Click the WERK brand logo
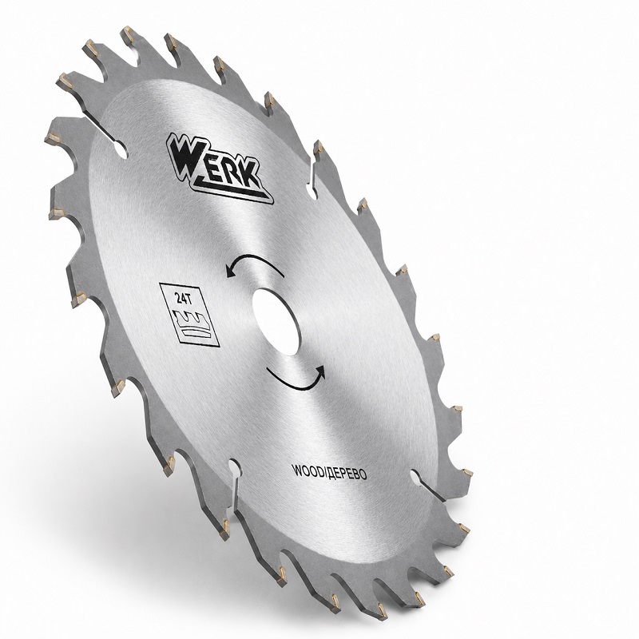[219, 169]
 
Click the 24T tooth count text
[185, 299]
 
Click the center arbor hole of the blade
[276, 322]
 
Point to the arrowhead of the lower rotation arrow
[321, 371]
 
